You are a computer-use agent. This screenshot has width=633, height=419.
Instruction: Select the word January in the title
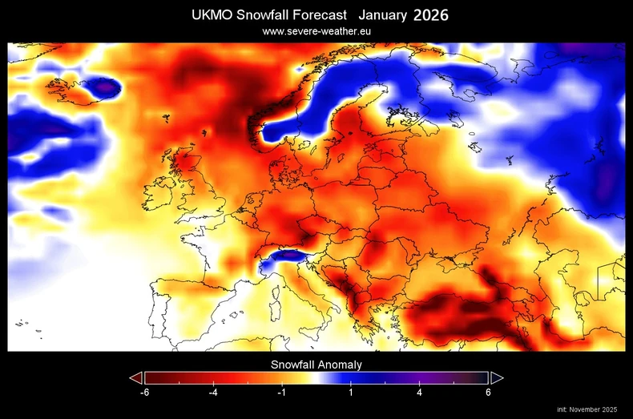pos(383,15)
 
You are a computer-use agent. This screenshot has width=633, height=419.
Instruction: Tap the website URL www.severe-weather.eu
pos(316,31)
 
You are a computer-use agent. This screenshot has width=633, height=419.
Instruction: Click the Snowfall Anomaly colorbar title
pos(316,365)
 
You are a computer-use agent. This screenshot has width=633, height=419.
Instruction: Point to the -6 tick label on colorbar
pos(144,393)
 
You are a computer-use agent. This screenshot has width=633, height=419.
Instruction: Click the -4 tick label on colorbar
pos(214,393)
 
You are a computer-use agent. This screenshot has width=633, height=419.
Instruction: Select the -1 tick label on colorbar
pos(283,393)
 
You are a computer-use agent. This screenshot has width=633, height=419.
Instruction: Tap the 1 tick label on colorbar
pos(350,393)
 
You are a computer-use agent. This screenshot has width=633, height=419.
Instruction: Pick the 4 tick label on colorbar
pos(420,393)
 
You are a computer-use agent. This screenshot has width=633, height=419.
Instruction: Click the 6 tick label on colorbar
pos(488,393)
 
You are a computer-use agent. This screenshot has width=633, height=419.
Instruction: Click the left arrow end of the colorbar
pos(135,378)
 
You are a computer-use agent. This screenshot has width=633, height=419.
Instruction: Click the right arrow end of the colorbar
pos(497,378)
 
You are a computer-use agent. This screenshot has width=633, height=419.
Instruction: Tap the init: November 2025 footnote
pos(587,410)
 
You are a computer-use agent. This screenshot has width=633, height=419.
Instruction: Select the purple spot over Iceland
pos(103,85)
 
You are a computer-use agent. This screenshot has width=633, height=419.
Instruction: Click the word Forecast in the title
pos(316,15)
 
